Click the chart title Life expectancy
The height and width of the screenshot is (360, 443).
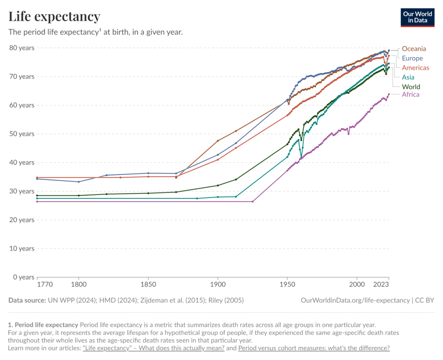(x=55, y=16)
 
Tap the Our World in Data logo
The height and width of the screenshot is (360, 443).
(x=417, y=17)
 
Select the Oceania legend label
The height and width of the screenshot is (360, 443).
(x=414, y=49)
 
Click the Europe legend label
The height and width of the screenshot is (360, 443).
(x=412, y=58)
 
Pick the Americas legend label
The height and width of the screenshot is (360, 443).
(x=415, y=68)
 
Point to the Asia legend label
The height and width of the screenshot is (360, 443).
(x=408, y=77)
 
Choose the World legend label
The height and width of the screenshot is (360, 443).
(x=411, y=87)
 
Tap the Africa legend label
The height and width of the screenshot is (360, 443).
(x=411, y=95)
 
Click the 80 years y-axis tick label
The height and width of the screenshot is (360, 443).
(x=22, y=48)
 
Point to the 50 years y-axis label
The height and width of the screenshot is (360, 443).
(x=22, y=134)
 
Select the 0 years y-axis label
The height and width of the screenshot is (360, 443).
(x=23, y=277)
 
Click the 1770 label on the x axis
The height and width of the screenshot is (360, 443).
(x=45, y=285)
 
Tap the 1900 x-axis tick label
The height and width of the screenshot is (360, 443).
(x=218, y=285)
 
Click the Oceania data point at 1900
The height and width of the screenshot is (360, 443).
(x=218, y=141)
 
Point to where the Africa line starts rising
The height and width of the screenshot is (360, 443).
(x=253, y=201)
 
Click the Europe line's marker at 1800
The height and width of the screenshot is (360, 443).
(x=79, y=182)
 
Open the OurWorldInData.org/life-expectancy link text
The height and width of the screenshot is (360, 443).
(x=355, y=300)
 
